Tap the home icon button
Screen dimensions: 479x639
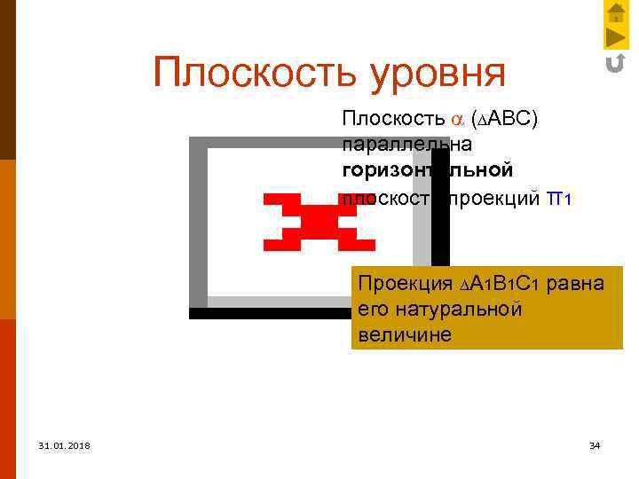(616, 12)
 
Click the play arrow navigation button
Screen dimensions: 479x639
(616, 37)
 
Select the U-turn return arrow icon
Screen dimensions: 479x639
(615, 63)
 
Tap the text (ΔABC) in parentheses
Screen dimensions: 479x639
(505, 120)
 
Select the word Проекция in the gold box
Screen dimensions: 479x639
(402, 284)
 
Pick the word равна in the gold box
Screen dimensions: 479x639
(576, 284)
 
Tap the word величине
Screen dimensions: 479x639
(406, 335)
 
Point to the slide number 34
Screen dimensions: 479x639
(595, 444)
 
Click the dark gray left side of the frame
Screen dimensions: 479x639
(198, 222)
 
